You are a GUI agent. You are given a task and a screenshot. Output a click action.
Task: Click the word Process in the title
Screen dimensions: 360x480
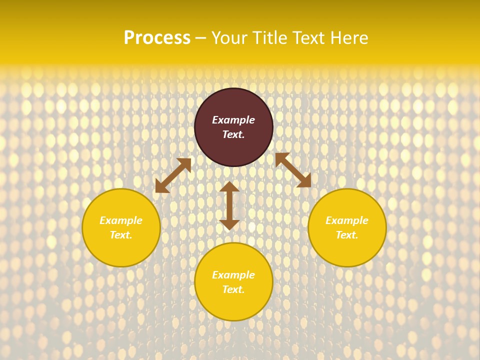pyautogui.click(x=157, y=38)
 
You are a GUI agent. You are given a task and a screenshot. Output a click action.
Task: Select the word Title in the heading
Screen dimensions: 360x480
pyautogui.click(x=273, y=38)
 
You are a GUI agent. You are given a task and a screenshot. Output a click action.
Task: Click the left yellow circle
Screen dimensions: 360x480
pyautogui.click(x=121, y=250)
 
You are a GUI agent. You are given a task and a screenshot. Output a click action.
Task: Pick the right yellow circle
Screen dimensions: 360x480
pyautogui.click(x=347, y=250)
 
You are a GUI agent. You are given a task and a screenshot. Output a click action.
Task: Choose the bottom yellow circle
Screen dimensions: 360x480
pyautogui.click(x=233, y=305)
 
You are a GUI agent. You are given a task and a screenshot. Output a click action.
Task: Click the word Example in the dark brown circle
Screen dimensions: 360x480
pyautogui.click(x=233, y=120)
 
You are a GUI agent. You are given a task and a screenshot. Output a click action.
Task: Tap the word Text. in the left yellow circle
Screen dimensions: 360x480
pyautogui.click(x=121, y=235)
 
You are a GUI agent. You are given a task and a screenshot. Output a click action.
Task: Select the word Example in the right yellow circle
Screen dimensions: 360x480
pyautogui.click(x=347, y=220)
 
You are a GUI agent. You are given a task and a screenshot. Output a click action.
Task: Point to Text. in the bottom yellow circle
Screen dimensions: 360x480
pyautogui.click(x=233, y=289)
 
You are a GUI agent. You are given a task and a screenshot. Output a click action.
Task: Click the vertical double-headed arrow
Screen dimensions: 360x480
pyautogui.click(x=229, y=205)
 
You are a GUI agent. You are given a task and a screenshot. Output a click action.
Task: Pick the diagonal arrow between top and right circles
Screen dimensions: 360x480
pyautogui.click(x=293, y=170)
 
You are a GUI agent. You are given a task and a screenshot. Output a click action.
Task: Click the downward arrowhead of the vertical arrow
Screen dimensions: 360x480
pyautogui.click(x=229, y=224)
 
